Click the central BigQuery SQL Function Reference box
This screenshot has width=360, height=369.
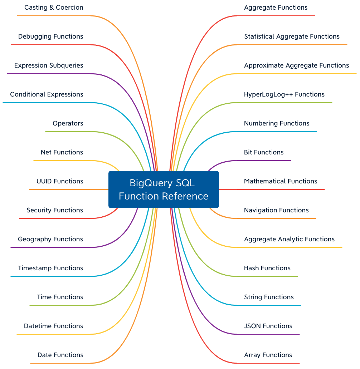[x=164, y=190]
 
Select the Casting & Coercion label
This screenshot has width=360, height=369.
[x=54, y=8]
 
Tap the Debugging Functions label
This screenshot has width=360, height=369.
[x=50, y=36]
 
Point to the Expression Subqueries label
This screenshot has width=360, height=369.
[x=49, y=65]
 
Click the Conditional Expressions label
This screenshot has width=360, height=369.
[x=47, y=94]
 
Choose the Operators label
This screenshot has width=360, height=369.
[x=68, y=123]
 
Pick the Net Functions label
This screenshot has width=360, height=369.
[x=62, y=152]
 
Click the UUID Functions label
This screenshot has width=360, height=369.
[x=59, y=181]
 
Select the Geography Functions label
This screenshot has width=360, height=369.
[x=50, y=239]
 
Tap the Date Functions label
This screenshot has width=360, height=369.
[x=60, y=355]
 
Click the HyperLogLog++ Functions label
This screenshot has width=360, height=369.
[x=284, y=94]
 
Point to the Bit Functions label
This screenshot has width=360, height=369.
[x=264, y=152]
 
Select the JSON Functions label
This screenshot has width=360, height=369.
[x=268, y=326]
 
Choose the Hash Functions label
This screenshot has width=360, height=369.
[x=267, y=268]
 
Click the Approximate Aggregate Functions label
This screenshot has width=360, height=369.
[x=296, y=65]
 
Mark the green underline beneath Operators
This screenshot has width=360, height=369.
[x=68, y=132]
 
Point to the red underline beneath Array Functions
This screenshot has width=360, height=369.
[x=268, y=363]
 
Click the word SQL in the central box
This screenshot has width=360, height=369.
[x=185, y=183]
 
